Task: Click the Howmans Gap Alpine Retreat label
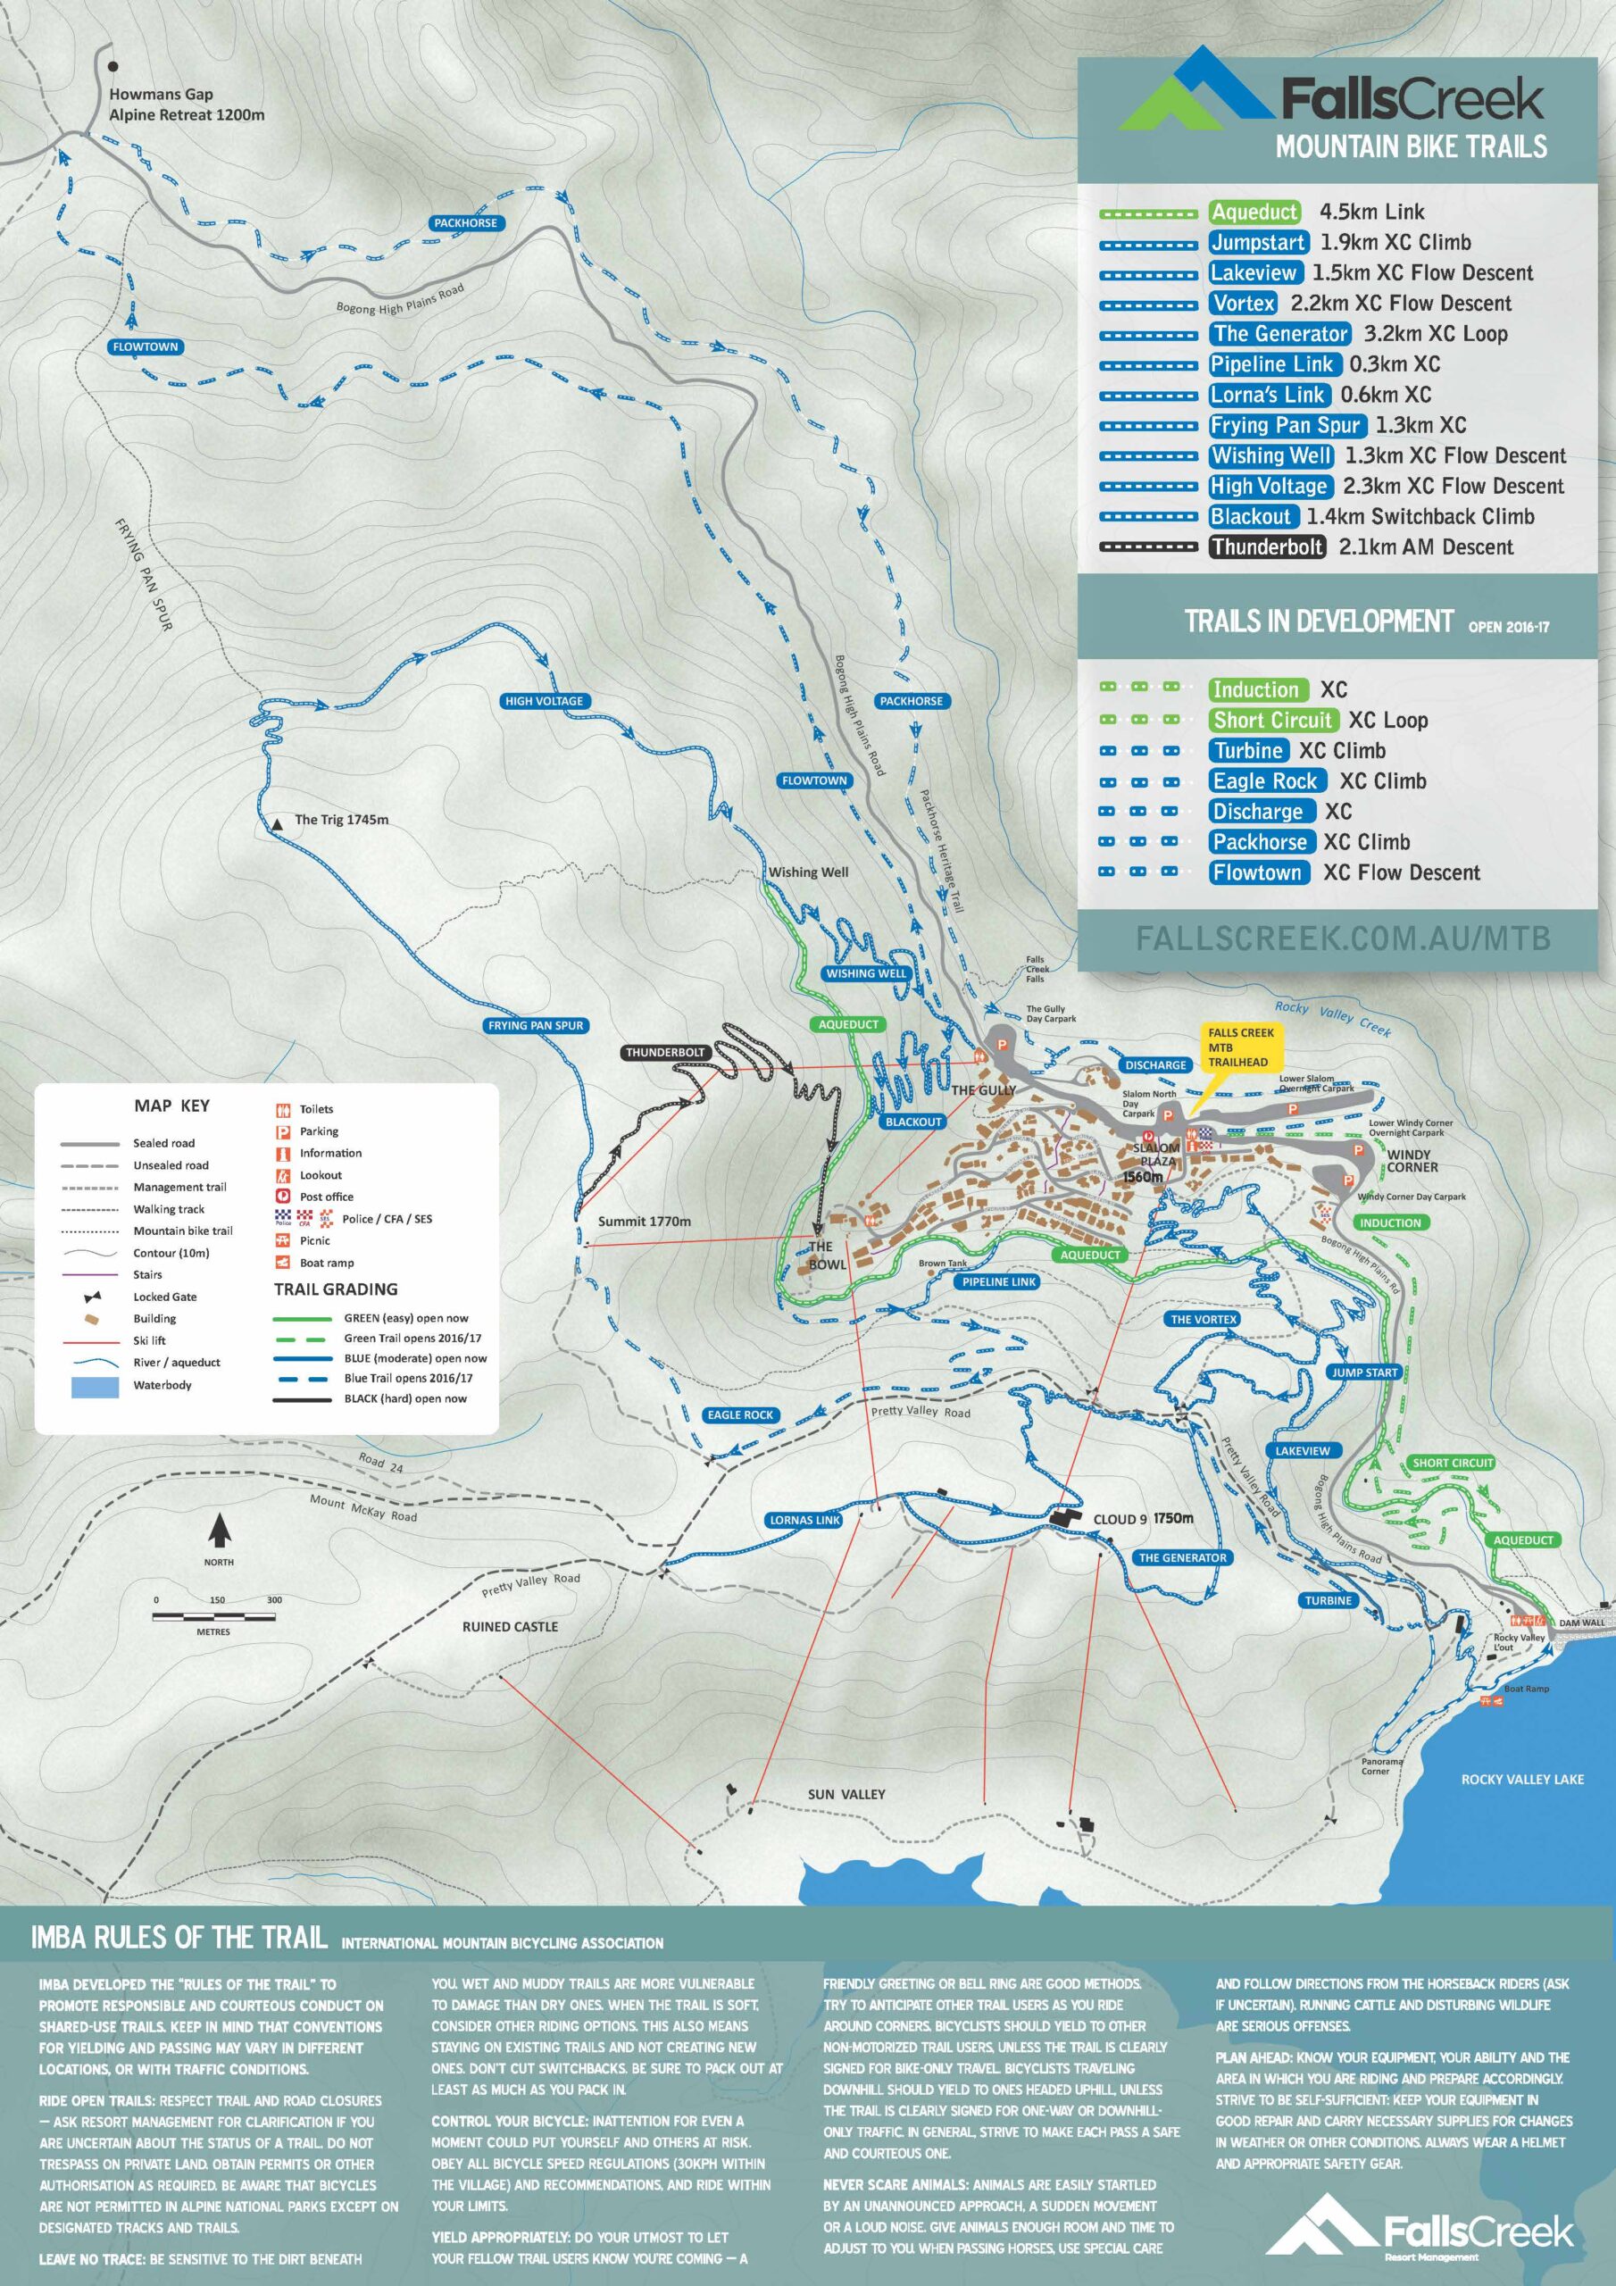pyautogui.click(x=187, y=104)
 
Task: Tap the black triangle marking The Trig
pyautogui.click(x=277, y=826)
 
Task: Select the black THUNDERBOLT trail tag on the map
pyautogui.click(x=665, y=1053)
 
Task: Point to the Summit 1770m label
pyautogui.click(x=645, y=1221)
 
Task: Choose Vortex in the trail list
pyautogui.click(x=1244, y=303)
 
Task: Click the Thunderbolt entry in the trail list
pyautogui.click(x=1268, y=546)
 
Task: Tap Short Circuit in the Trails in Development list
pyautogui.click(x=1272, y=720)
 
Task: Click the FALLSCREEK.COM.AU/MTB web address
pyautogui.click(x=1342, y=938)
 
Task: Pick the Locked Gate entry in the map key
pyautogui.click(x=164, y=1297)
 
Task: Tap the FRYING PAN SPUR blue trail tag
pyautogui.click(x=536, y=1025)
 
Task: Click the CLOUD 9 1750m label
pyautogui.click(x=1142, y=1518)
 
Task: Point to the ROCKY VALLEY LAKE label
pyautogui.click(x=1521, y=1778)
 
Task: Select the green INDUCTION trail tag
pyautogui.click(x=1390, y=1222)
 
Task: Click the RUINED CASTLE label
pyautogui.click(x=510, y=1627)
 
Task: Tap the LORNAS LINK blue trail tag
pyautogui.click(x=804, y=1521)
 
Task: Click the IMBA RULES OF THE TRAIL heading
pyautogui.click(x=179, y=1938)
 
